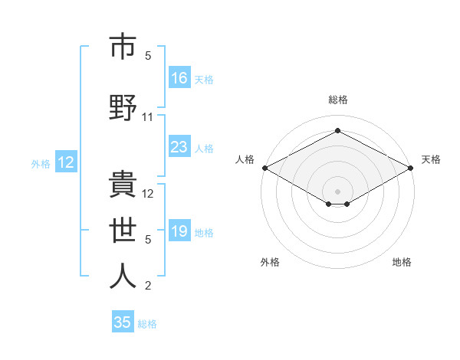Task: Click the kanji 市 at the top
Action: pyautogui.click(x=123, y=47)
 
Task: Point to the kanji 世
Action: pyautogui.click(x=123, y=229)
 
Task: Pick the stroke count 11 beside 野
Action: pyautogui.click(x=148, y=117)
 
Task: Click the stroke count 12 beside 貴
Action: pyautogui.click(x=148, y=193)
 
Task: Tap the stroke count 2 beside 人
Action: pyautogui.click(x=148, y=286)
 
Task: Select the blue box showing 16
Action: pyautogui.click(x=179, y=78)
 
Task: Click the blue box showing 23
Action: pyautogui.click(x=179, y=147)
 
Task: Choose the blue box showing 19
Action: pyautogui.click(x=179, y=231)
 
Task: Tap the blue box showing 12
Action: pyautogui.click(x=66, y=162)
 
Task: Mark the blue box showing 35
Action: pyautogui.click(x=123, y=322)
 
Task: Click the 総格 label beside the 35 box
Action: pyautogui.click(x=147, y=324)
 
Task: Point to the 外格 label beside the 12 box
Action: pyautogui.click(x=41, y=163)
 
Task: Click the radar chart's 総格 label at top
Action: pyautogui.click(x=337, y=100)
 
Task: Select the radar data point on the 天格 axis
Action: pyautogui.click(x=411, y=168)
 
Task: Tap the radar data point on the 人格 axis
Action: pyautogui.click(x=264, y=168)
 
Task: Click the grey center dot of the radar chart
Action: pyautogui.click(x=337, y=190)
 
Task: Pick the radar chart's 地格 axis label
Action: pyautogui.click(x=402, y=263)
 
